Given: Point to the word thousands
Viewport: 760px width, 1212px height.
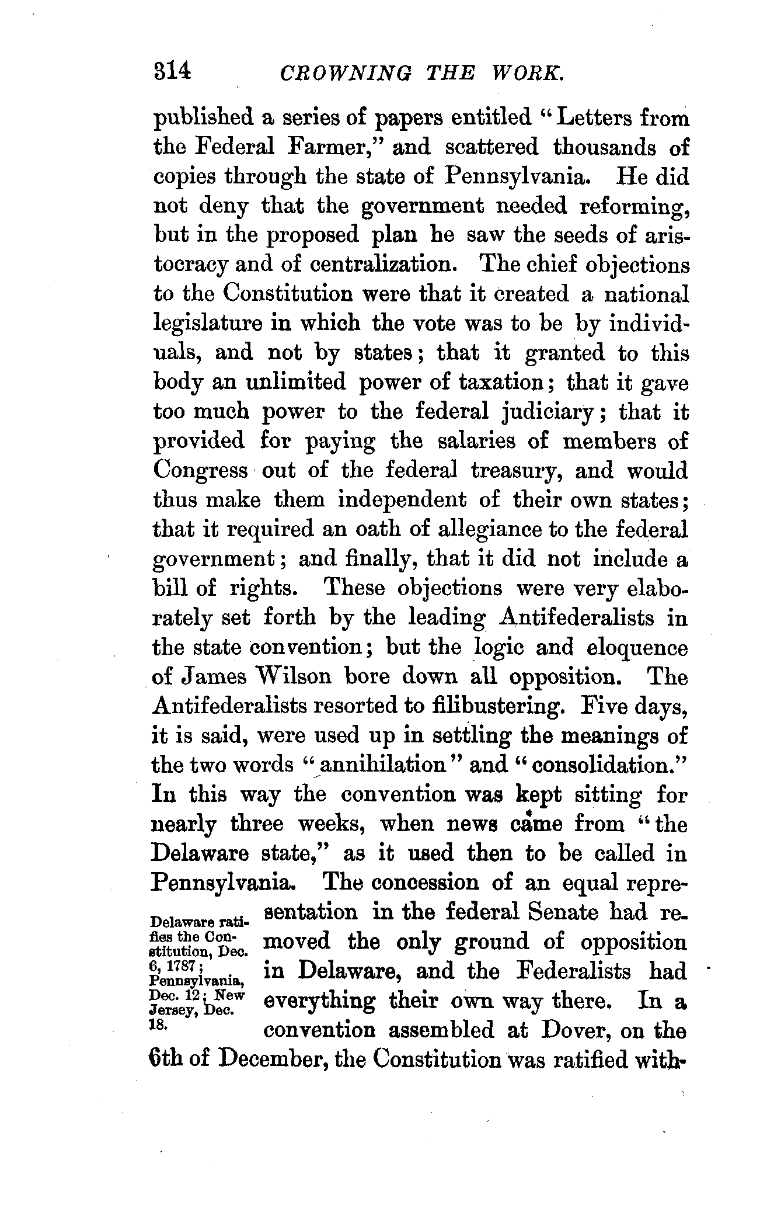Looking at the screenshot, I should (604, 147).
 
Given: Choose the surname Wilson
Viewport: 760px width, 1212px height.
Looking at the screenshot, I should (294, 677).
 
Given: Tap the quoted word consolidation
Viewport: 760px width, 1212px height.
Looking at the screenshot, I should (594, 765).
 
